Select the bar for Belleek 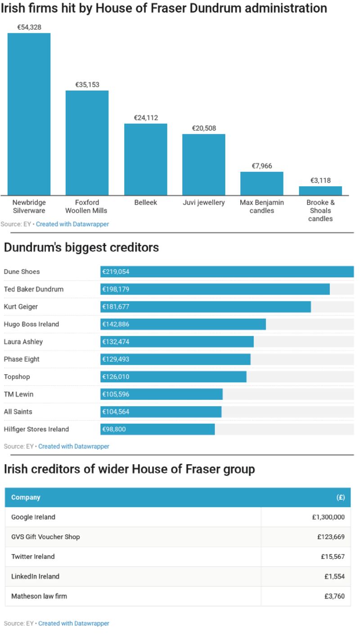(145, 159)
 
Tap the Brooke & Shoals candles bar (320, 191)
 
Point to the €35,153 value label (87, 85)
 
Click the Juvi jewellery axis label (203, 202)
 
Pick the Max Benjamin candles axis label (261, 206)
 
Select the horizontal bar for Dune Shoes (227, 272)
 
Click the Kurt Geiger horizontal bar (205, 307)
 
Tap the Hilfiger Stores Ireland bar (157, 429)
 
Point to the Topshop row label (17, 376)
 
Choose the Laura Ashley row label (23, 341)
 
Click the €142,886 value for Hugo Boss (116, 324)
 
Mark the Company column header (26, 497)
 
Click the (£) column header (340, 497)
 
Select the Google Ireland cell (33, 517)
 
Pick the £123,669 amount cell (331, 537)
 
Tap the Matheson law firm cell (39, 596)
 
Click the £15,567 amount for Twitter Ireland (333, 556)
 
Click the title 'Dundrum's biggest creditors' (81, 247)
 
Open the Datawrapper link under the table (74, 623)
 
